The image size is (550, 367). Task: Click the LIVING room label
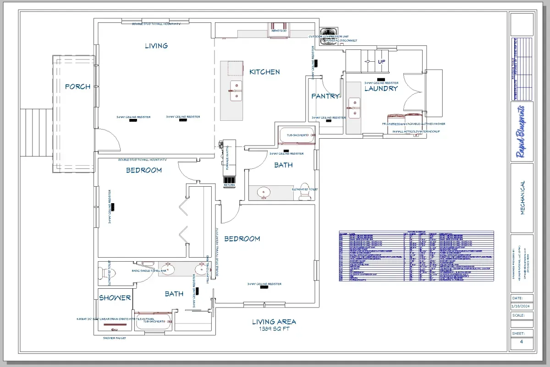pyautogui.click(x=156, y=46)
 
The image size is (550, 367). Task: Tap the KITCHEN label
pyautogui.click(x=264, y=72)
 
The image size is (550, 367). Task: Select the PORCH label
pyautogui.click(x=77, y=86)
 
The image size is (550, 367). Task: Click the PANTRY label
pyautogui.click(x=325, y=96)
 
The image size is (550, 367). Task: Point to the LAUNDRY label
pyautogui.click(x=381, y=88)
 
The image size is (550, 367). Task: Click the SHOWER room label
pyautogui.click(x=115, y=297)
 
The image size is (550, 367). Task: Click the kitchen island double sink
pyautogui.click(x=236, y=90)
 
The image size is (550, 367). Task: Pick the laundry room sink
pyautogui.click(x=353, y=107)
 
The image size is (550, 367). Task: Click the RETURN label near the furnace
pyautogui.click(x=229, y=185)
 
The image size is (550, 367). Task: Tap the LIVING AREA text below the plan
pyautogui.click(x=274, y=322)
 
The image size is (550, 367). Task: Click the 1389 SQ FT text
pyautogui.click(x=274, y=329)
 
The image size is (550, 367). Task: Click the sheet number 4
pyautogui.click(x=521, y=342)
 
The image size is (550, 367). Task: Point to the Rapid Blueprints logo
pyautogui.click(x=522, y=132)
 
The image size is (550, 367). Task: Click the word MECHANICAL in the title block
pyautogui.click(x=522, y=198)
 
